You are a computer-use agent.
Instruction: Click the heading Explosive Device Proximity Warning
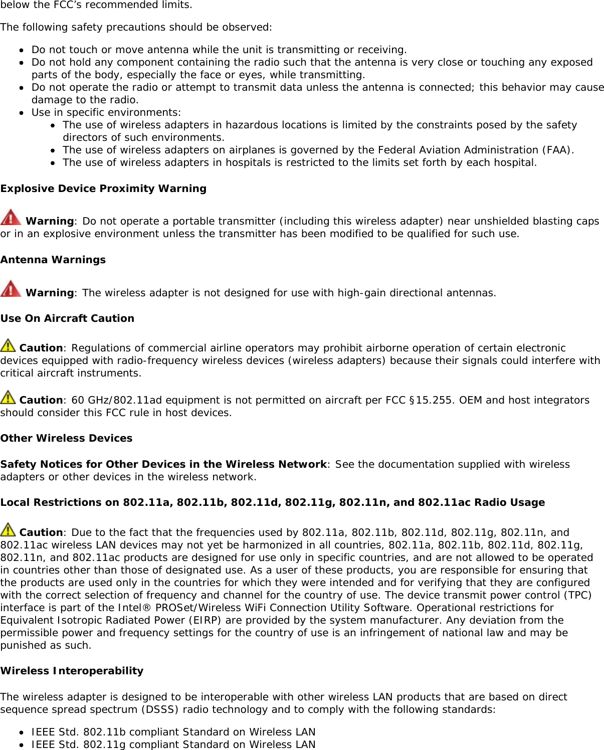pyautogui.click(x=103, y=189)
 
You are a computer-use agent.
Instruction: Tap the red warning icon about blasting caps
pyautogui.click(x=11, y=218)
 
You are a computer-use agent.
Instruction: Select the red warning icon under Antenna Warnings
pyautogui.click(x=11, y=289)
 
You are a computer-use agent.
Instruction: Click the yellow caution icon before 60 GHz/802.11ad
pyautogui.click(x=8, y=397)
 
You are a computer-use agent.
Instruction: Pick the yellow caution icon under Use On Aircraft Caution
pyautogui.click(x=8, y=345)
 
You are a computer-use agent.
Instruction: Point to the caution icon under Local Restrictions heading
pyautogui.click(x=8, y=529)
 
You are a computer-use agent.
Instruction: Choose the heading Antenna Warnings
pyautogui.click(x=53, y=260)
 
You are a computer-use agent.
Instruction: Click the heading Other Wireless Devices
pyautogui.click(x=66, y=438)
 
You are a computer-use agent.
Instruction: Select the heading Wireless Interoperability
pyautogui.click(x=72, y=671)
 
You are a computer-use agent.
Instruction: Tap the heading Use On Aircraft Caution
pyautogui.click(x=67, y=318)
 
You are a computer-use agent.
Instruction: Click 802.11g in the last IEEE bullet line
pyautogui.click(x=104, y=744)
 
